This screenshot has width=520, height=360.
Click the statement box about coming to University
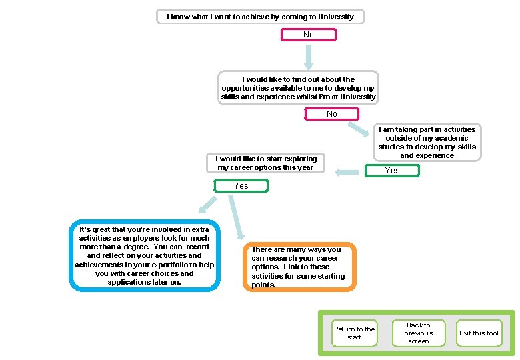pos(260,16)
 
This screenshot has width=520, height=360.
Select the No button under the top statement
pos(308,35)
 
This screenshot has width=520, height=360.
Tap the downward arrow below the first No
pos(308,58)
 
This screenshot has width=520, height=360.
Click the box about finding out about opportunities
pos(299,88)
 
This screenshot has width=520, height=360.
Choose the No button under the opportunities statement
pos(331,114)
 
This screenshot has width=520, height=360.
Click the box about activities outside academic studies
pos(427,143)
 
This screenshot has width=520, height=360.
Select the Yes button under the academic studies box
pos(393,171)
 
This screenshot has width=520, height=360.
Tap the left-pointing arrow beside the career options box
pos(347,173)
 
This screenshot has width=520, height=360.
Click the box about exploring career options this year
pos(266,163)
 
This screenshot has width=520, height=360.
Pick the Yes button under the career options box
pos(241,186)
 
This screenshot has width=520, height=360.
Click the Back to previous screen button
pos(418,333)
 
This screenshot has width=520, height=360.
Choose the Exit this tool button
pos(479,333)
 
